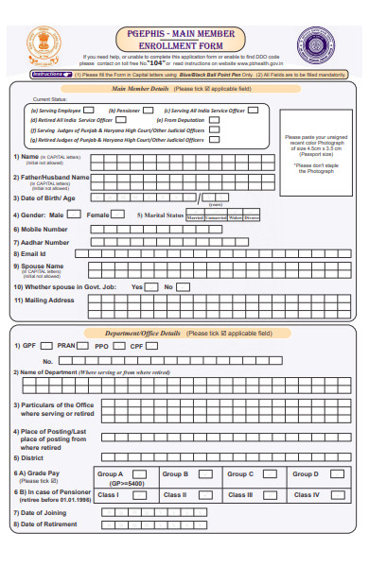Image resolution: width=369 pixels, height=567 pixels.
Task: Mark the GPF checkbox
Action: pos(44,346)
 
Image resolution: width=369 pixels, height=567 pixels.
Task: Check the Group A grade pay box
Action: pos(139,473)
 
